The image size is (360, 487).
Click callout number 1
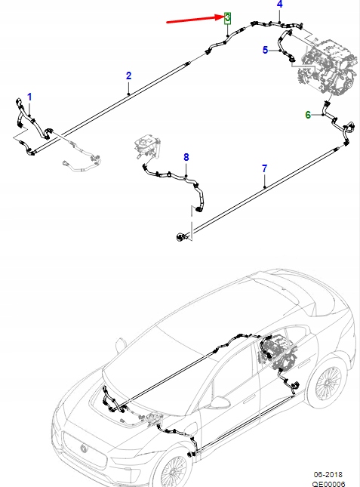point(30,97)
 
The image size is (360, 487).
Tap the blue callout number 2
point(128,76)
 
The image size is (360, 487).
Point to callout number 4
point(279,5)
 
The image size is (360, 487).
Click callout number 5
point(265,51)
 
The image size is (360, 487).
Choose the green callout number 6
point(307,115)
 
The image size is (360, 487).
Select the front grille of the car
point(83,450)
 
